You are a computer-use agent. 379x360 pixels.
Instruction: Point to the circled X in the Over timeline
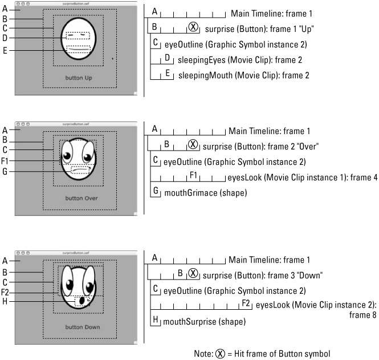pos(193,146)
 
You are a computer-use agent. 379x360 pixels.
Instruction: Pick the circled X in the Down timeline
pos(193,274)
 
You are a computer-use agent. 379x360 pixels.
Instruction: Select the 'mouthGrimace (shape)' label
pos(206,193)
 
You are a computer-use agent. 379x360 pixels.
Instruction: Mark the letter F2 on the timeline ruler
pos(246,302)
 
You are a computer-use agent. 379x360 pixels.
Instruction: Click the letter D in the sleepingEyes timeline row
pos(168,58)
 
